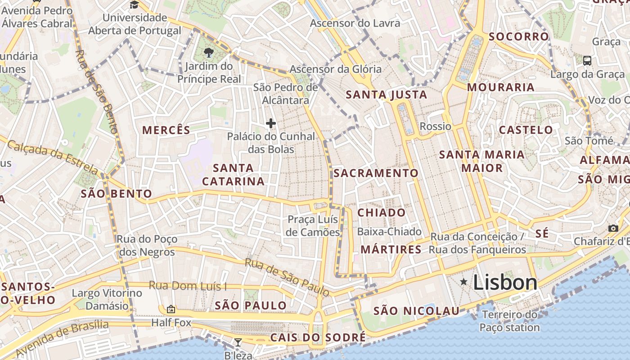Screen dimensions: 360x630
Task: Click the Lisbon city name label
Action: (x=505, y=283)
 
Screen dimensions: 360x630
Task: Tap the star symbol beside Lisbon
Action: (x=463, y=282)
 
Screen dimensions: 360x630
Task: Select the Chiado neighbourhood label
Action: (x=382, y=212)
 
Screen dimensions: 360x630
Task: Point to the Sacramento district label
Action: (x=376, y=173)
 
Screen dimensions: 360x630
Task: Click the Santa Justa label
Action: (x=387, y=94)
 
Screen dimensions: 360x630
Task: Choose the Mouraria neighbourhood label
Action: (x=500, y=87)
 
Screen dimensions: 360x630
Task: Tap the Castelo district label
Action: (x=526, y=130)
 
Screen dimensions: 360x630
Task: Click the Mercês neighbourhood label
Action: (x=166, y=130)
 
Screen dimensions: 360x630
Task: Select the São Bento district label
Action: (x=116, y=194)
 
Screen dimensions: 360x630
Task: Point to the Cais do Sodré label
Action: (x=318, y=337)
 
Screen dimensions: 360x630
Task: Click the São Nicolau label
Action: (x=416, y=310)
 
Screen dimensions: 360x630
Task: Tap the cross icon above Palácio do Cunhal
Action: (x=271, y=123)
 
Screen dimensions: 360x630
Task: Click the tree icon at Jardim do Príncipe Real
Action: (x=208, y=53)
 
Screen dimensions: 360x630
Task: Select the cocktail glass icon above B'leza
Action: (x=238, y=342)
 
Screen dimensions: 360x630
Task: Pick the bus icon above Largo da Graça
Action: (x=587, y=60)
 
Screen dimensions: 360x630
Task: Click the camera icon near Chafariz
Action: (x=613, y=228)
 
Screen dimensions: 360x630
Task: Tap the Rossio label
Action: (x=435, y=126)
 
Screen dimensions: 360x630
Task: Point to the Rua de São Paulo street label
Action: (x=287, y=277)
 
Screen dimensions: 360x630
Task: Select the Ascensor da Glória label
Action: (x=335, y=69)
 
